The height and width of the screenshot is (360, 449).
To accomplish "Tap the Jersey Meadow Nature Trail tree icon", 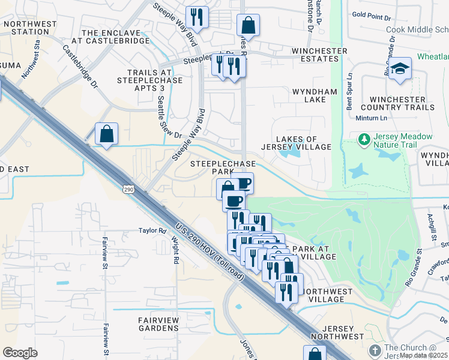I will [363, 140].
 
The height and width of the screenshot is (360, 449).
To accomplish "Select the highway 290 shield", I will [128, 189].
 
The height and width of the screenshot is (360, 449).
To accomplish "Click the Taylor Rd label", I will [152, 230].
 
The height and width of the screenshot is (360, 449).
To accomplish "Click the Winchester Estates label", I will [319, 55].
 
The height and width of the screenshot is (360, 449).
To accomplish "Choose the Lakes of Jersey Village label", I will [297, 143].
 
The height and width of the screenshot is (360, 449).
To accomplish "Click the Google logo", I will [20, 353].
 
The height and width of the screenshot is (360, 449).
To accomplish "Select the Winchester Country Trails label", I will [402, 103].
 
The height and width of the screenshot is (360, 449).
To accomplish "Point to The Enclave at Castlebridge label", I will [115, 37].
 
